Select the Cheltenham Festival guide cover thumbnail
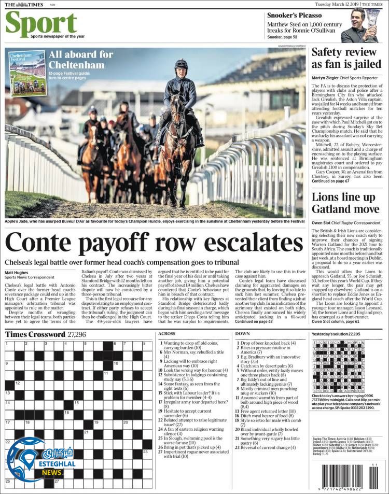coord(27,72)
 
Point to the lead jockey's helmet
coord(181,64)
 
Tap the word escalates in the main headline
coord(251,243)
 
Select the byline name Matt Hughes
coord(17,273)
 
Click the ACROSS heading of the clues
coord(166,333)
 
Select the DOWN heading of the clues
coord(242,333)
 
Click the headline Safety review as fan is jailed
coord(344,58)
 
